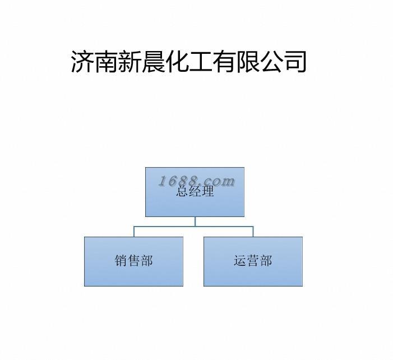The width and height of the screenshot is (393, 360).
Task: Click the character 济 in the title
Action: tap(82, 62)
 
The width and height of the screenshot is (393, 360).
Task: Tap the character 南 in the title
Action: tap(105, 62)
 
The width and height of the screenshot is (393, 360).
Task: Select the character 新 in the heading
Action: tap(129, 62)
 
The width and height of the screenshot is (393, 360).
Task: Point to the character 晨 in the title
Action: tap(152, 62)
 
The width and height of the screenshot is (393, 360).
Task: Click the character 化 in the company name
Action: tap(177, 62)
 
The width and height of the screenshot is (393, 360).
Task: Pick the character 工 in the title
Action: tap(200, 62)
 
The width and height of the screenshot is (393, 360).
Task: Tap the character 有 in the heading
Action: tap(224, 62)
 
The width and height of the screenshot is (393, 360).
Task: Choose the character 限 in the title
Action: tap(247, 62)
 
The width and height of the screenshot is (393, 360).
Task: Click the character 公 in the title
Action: tap(271, 62)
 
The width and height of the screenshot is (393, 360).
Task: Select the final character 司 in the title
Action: tap(295, 62)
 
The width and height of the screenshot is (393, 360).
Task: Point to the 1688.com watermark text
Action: tap(197, 181)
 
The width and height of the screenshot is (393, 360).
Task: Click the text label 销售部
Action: tap(133, 261)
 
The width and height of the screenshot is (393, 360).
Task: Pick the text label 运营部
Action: tap(253, 261)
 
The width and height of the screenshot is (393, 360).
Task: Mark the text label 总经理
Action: tap(195, 192)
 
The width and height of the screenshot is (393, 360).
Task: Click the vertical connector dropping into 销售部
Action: tap(133, 232)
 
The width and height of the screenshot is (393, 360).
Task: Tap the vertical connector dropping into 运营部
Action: tap(253, 232)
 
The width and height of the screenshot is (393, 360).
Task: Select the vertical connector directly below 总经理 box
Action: tap(195, 221)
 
